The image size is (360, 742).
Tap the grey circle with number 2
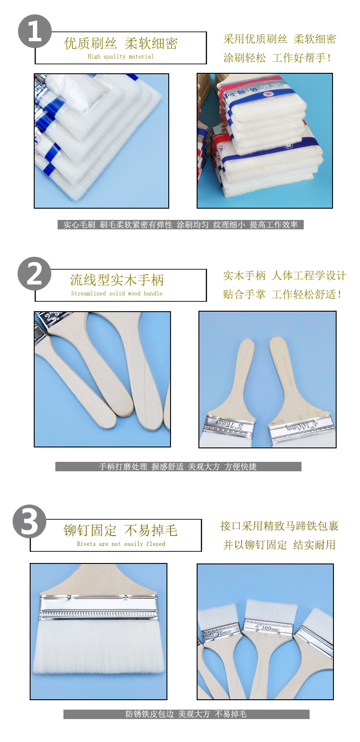point(35,273)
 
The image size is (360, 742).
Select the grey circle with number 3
point(29,522)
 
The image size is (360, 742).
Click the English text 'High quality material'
point(121,57)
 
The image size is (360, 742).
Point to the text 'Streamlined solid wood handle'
point(117,293)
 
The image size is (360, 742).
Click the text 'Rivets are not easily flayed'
point(121,544)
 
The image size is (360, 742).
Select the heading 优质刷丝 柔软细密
point(121,43)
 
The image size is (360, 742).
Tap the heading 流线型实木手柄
point(117,280)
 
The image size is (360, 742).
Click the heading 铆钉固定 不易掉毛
point(121,530)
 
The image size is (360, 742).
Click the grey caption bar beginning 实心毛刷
point(180,224)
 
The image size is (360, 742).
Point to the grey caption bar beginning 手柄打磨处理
point(178,467)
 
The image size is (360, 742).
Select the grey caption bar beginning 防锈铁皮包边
point(186,714)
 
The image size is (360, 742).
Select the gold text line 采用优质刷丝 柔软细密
point(279,39)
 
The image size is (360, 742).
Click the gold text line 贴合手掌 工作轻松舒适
point(282,295)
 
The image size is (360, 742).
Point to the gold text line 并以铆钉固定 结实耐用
point(279,545)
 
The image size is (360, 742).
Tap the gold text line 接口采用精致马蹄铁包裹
point(279,526)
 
